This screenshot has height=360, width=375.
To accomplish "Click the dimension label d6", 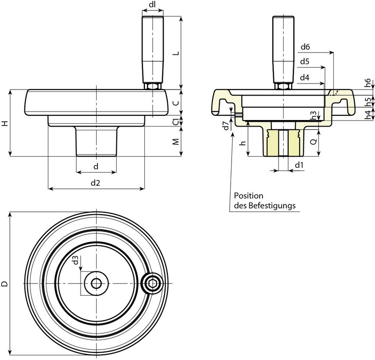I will [305, 47].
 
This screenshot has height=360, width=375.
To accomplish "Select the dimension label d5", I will [305, 62].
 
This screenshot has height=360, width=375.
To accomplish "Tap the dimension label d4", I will [305, 77].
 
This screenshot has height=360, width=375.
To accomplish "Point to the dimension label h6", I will [368, 82].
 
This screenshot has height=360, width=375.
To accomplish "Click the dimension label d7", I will [226, 125].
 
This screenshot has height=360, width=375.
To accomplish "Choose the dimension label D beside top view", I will [5, 284].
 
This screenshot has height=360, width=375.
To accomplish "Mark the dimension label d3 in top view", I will [76, 261].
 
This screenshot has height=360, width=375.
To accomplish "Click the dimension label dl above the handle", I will [152, 5].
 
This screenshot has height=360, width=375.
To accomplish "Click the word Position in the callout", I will [248, 195].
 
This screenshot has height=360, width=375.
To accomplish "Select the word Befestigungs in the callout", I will [272, 205].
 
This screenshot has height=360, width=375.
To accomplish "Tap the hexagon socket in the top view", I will [152, 283].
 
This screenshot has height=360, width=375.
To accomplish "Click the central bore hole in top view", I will [96, 284].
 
